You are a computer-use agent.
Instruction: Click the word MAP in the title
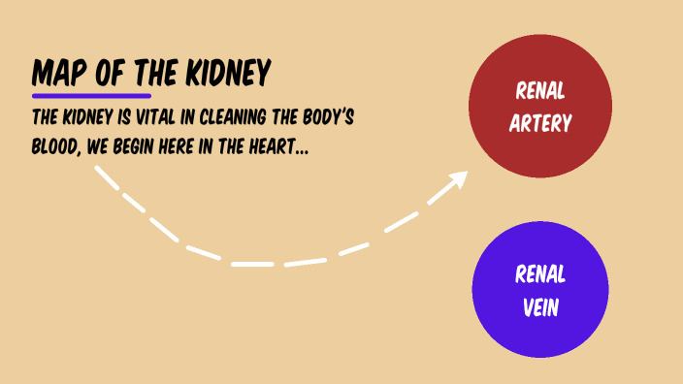coord(56,73)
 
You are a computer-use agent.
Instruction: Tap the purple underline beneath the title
coord(91,96)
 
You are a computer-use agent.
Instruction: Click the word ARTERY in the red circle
coord(539,123)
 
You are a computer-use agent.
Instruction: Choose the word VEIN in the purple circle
coord(539,306)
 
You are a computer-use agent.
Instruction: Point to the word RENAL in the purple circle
coord(539,275)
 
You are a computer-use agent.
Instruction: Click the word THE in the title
coord(145,73)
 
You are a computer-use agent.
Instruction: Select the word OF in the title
coord(100,73)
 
